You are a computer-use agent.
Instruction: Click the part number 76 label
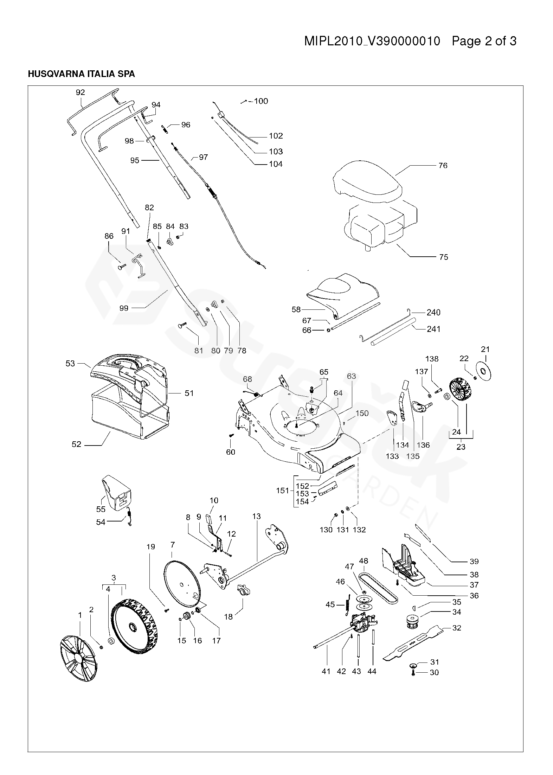click(443, 165)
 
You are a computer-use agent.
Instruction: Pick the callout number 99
click(124, 308)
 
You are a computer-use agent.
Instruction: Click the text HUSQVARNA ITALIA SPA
click(81, 74)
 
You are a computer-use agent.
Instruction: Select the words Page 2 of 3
click(484, 41)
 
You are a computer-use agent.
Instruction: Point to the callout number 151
click(282, 490)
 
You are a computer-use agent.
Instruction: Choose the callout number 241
click(433, 329)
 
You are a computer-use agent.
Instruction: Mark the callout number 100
click(261, 101)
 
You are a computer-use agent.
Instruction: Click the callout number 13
click(257, 516)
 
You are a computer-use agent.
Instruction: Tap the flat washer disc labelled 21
click(485, 371)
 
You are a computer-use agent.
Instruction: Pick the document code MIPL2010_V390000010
click(372, 41)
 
